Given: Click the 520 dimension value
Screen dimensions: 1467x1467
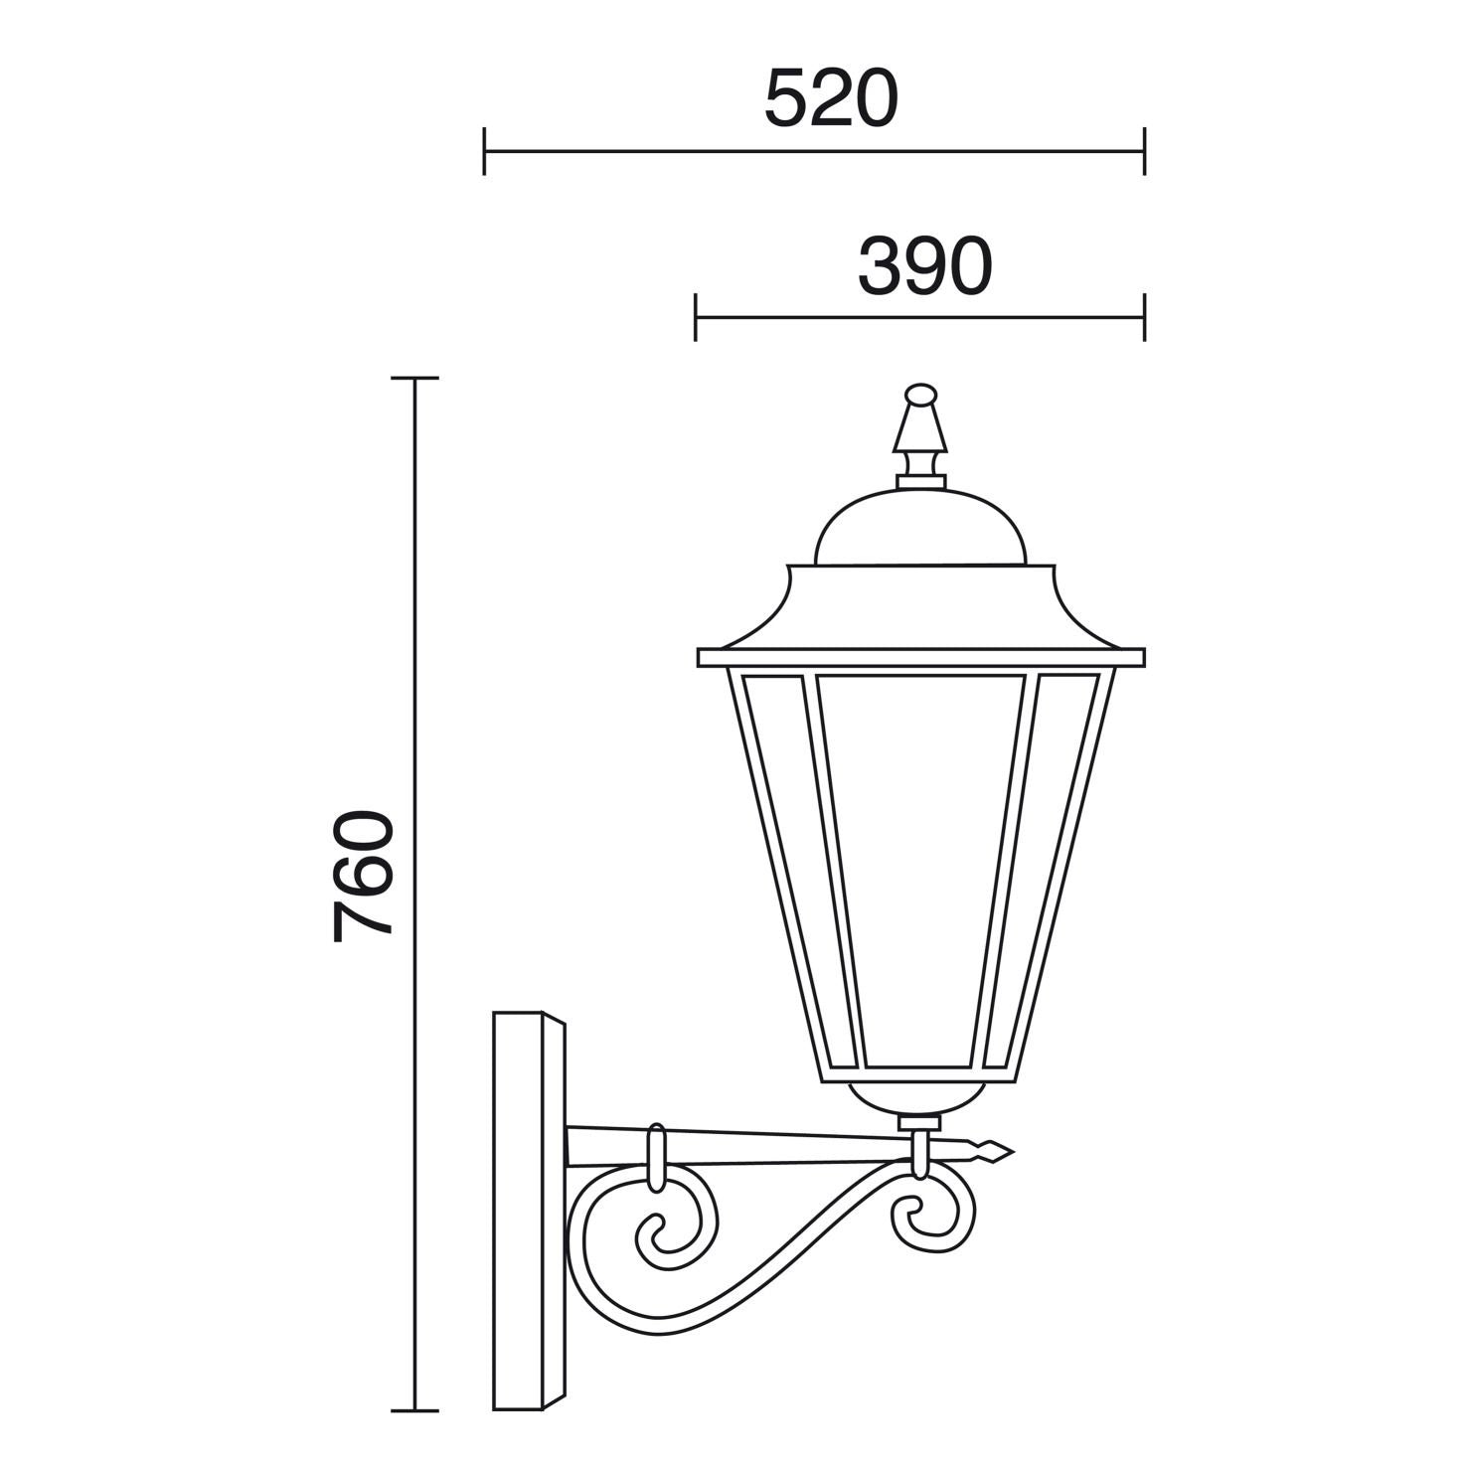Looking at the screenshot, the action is (831, 99).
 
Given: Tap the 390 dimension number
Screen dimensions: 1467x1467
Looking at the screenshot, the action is (925, 266).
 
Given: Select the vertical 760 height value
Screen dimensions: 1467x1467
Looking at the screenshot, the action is (364, 876).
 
